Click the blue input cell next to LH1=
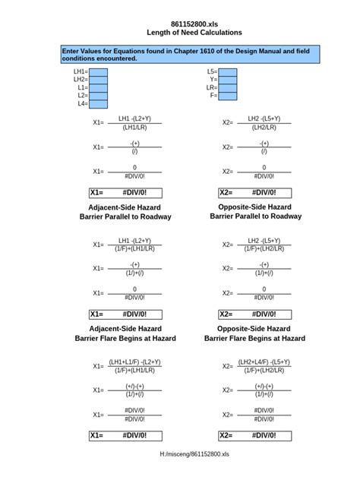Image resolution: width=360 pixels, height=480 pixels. pos(98,71)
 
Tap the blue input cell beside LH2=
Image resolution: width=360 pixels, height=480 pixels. pos(98,79)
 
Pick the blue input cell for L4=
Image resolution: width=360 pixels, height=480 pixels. pos(98,104)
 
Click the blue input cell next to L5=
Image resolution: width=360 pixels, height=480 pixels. pos(228,71)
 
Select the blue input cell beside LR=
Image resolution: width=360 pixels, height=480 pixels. pos(228,87)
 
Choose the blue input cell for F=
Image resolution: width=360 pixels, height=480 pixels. pos(228,96)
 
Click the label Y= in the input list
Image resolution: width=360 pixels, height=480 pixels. pos(213,79)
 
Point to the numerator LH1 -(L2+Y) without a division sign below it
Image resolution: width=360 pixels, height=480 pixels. pos(134,118)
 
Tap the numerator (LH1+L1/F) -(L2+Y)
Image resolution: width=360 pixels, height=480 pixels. pos(134,362)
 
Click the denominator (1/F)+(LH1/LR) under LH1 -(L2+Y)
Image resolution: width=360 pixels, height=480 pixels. pos(134,248)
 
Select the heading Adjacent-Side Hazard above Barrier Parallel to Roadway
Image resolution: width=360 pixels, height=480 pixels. pos(125,207)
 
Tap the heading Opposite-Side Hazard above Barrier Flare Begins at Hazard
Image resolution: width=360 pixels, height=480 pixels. pos(254,329)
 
